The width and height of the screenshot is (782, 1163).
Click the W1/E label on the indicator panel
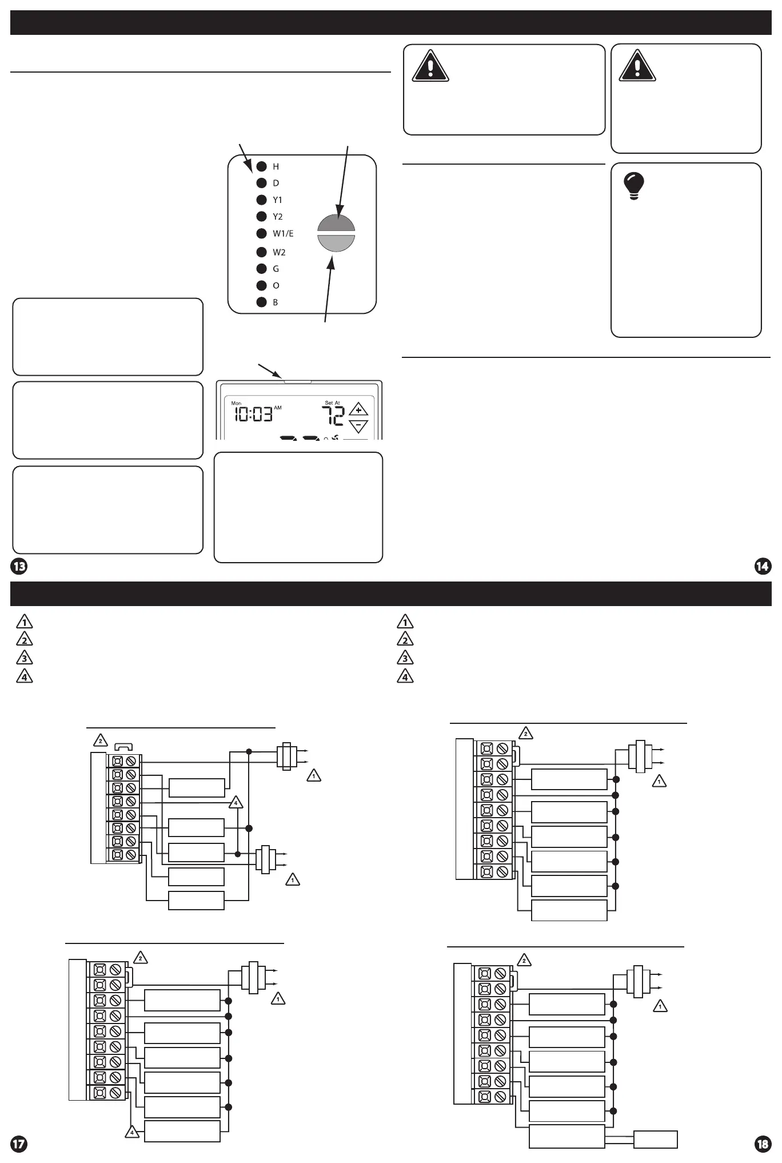pyautogui.click(x=283, y=233)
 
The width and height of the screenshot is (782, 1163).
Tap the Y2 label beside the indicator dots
pyautogui.click(x=277, y=217)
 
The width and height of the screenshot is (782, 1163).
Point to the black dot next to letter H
pyautogui.click(x=261, y=166)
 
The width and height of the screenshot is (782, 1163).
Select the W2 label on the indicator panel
pyautogui.click(x=279, y=252)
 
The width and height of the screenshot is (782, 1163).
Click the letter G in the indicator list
pyautogui.click(x=276, y=269)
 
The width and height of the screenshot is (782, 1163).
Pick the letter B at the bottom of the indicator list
pyautogui.click(x=275, y=302)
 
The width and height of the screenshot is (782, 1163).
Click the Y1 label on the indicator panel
pyautogui.click(x=277, y=200)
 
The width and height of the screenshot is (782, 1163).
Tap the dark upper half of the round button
pyautogui.click(x=336, y=224)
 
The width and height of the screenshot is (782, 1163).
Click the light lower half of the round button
pyautogui.click(x=336, y=243)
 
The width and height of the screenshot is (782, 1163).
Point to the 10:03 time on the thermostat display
pyautogui.click(x=252, y=414)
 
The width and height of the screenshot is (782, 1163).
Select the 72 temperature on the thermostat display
pyautogui.click(x=332, y=416)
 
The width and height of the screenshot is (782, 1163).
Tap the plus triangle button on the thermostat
pyautogui.click(x=358, y=410)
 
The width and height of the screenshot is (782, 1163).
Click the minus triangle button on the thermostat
pyautogui.click(x=358, y=425)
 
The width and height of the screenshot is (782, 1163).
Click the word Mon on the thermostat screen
pyautogui.click(x=236, y=404)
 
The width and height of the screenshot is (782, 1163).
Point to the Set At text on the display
pyautogui.click(x=332, y=403)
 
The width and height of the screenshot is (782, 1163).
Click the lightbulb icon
pyautogui.click(x=633, y=186)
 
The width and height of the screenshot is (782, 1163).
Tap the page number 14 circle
pyautogui.click(x=763, y=567)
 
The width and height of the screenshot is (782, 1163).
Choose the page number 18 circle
pyautogui.click(x=763, y=1144)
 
